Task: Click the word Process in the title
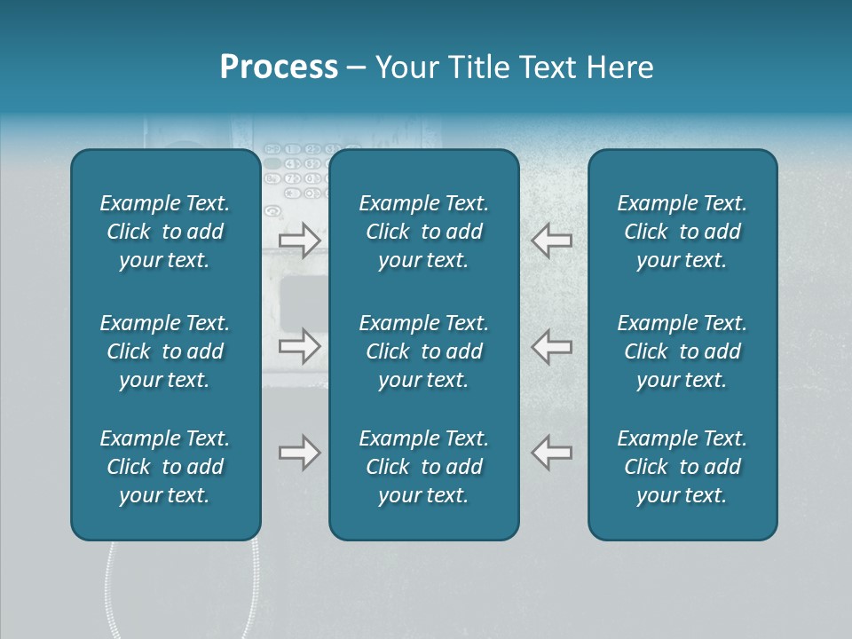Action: (279, 67)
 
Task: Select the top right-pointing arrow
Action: (299, 241)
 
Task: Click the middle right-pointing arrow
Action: (299, 346)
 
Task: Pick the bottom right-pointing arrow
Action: (299, 453)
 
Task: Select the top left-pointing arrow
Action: (551, 241)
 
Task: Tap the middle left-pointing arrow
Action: (551, 346)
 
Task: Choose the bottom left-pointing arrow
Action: (551, 453)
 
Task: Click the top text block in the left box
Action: (165, 232)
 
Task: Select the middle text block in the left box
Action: (165, 351)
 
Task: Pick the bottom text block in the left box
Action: (165, 467)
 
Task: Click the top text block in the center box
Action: (423, 232)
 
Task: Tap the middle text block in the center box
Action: (423, 351)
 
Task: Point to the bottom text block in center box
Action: (423, 467)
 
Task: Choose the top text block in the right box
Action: (682, 232)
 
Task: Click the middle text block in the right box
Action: (682, 351)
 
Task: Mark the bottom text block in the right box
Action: (682, 467)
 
